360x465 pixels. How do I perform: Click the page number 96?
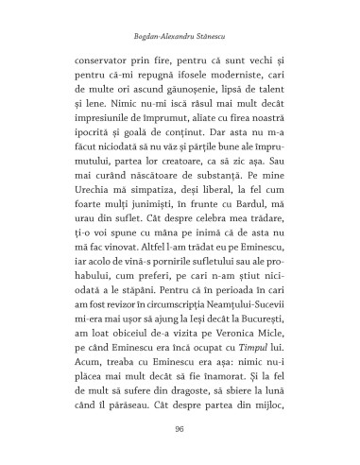pos(180,429)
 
